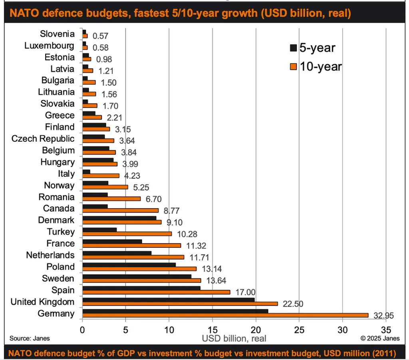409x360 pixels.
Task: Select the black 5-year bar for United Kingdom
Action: pyautogui.click(x=168, y=300)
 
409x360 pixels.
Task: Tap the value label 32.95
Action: pyautogui.click(x=383, y=316)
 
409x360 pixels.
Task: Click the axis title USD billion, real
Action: pyautogui.click(x=234, y=338)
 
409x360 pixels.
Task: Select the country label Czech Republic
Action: pyautogui.click(x=43, y=139)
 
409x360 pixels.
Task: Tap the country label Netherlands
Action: pyautogui.click(x=50, y=255)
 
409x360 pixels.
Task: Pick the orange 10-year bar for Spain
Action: pyautogui.click(x=156, y=292)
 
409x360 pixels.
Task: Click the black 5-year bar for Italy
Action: pyautogui.click(x=86, y=172)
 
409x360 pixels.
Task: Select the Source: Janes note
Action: pyautogui.click(x=30, y=338)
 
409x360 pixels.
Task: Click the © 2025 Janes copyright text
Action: pyautogui.click(x=379, y=338)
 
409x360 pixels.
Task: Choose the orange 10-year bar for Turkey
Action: pyautogui.click(x=127, y=234)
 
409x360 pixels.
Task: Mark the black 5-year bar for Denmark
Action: pyautogui.click(x=119, y=218)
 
